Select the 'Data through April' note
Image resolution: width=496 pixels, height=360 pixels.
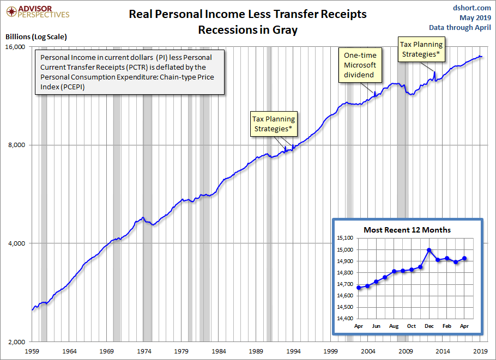(460, 27)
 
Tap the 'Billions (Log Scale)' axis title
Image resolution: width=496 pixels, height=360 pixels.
(36, 37)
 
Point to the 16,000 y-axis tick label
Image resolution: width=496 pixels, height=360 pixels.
(16, 47)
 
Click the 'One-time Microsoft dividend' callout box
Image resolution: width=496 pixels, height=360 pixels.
(360, 65)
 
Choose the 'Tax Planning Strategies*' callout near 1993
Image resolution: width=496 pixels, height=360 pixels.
(273, 124)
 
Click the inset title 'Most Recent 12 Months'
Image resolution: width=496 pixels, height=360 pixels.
(407, 230)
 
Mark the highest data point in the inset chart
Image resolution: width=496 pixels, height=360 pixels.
(429, 250)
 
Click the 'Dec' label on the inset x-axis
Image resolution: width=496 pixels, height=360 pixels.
(429, 326)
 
